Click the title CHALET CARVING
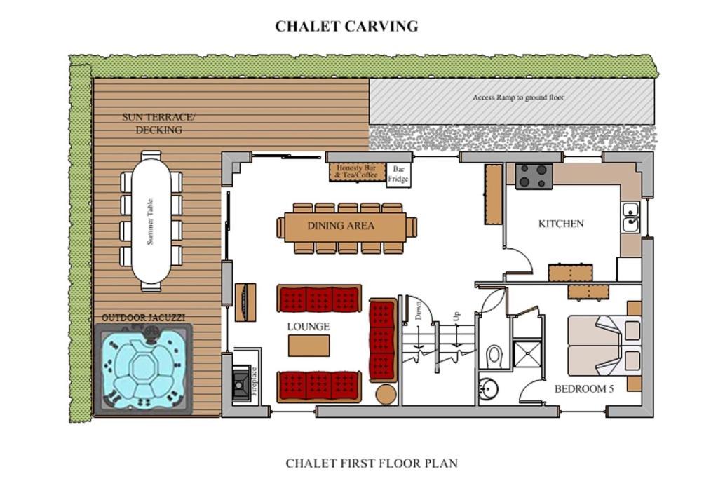[x=346, y=26]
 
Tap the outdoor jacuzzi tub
[x=143, y=370]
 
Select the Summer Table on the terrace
[x=151, y=222]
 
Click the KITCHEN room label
[x=561, y=224]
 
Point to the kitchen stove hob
[x=534, y=176]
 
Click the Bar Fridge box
[x=398, y=175]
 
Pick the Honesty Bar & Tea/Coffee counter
[x=357, y=172]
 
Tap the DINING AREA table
[x=346, y=226]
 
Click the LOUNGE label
[x=309, y=327]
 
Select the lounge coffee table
[x=309, y=346]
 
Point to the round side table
[x=386, y=394]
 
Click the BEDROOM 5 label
[x=584, y=389]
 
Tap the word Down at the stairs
[x=418, y=310]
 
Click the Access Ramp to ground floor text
[x=518, y=97]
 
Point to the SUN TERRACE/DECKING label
[x=158, y=123]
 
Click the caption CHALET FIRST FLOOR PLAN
[x=372, y=463]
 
